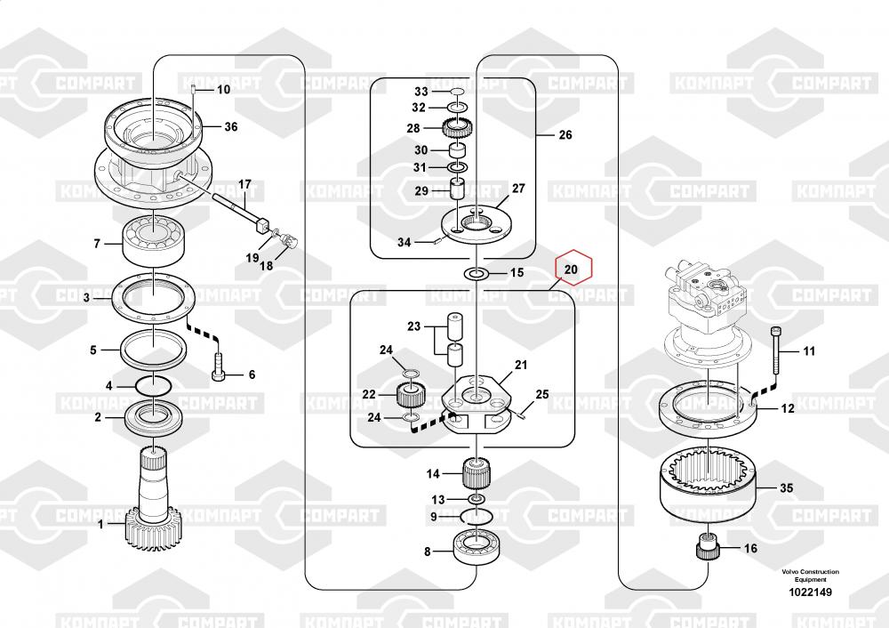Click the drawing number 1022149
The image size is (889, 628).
[x=810, y=592]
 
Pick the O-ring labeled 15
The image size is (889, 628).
[x=476, y=274]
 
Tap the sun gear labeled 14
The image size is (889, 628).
[x=477, y=472]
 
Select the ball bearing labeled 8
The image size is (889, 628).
[x=477, y=547]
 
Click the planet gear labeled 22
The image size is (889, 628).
[x=411, y=394]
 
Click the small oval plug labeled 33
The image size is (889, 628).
[x=457, y=92]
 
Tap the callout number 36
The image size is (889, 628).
[x=231, y=126]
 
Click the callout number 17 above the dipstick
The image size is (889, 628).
[x=244, y=184]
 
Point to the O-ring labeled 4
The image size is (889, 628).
[x=154, y=386]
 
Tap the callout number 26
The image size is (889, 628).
[x=565, y=134]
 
